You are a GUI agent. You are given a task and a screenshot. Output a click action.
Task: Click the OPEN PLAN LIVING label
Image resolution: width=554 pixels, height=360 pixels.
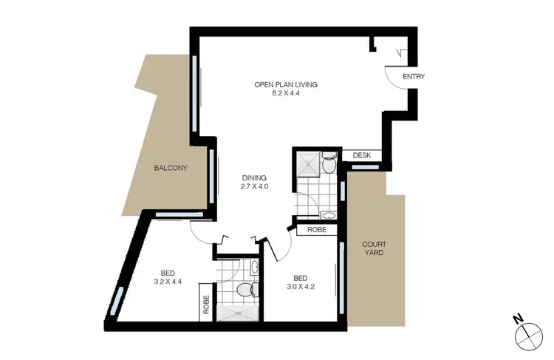click(x=285, y=85)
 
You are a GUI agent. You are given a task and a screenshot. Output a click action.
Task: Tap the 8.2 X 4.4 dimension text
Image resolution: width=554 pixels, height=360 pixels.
click(x=285, y=94)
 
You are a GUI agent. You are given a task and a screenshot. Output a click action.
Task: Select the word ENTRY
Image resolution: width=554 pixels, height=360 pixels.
click(x=413, y=77)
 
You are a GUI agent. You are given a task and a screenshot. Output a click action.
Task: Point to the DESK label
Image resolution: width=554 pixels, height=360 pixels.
click(x=361, y=155)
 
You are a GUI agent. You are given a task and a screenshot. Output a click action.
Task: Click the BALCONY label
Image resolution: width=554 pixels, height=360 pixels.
click(x=171, y=168)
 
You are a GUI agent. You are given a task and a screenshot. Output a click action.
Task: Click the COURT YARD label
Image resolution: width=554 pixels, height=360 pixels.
click(x=374, y=248)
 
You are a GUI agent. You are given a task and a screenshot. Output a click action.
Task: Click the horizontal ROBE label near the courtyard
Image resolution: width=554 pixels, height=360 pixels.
click(x=317, y=230)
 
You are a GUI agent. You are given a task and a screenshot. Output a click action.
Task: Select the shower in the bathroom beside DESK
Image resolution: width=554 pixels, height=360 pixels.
click(x=309, y=162)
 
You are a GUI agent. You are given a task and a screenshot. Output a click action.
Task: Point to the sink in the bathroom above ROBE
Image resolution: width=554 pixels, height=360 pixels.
click(x=327, y=215)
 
